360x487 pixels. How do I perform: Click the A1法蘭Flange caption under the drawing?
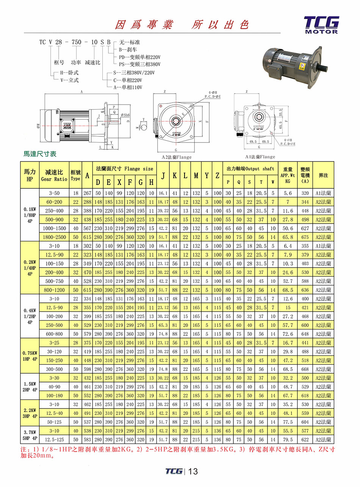pyautogui.click(x=260, y=157)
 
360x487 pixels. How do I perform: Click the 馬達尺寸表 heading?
pyautogui.click(x=40, y=154)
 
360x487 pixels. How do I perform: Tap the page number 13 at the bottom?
pyautogui.click(x=193, y=471)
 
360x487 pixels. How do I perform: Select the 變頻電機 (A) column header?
pyautogui.click(x=305, y=175)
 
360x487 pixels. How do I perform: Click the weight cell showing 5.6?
pyautogui.click(x=288, y=193)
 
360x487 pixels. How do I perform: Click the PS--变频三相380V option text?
pyautogui.click(x=140, y=64)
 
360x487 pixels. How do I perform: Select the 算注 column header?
pyautogui.click(x=323, y=175)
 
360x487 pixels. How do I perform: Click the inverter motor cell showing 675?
pyautogui.click(x=305, y=237)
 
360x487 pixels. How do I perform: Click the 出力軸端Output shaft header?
pyautogui.click(x=250, y=169)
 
